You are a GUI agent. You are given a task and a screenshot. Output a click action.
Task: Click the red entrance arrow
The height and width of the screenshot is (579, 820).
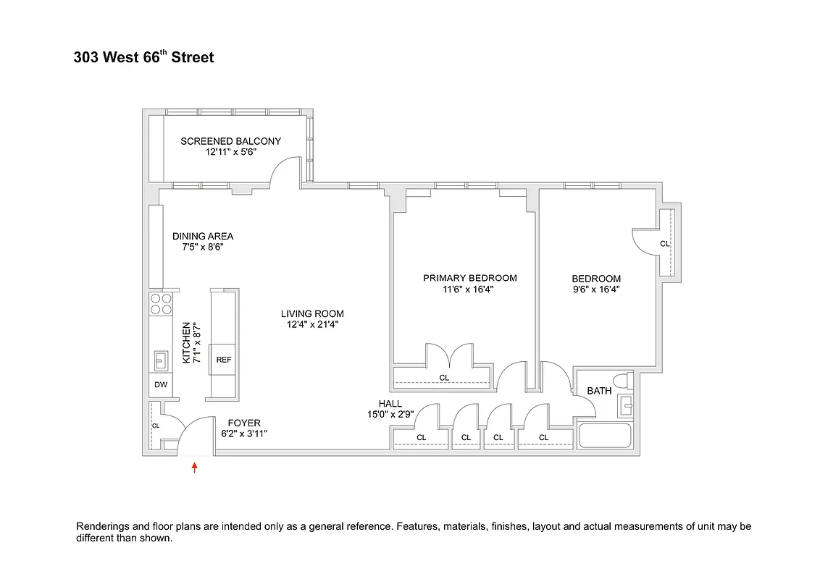pos(194,468)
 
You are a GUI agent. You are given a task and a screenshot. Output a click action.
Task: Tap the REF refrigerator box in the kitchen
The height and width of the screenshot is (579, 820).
pos(223,359)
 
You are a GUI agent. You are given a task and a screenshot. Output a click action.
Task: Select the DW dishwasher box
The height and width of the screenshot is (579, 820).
pos(161,384)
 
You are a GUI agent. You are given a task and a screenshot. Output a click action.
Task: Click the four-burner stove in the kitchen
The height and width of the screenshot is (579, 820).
pos(161,303)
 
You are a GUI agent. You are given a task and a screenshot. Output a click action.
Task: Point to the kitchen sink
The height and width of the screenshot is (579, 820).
pos(161,359)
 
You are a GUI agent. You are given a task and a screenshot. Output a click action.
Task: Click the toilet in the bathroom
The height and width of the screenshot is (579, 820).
pos(622,381)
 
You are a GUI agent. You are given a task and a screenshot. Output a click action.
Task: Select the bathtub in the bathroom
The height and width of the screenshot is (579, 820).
pos(606,436)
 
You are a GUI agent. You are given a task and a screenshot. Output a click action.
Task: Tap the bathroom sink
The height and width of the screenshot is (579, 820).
pos(626,406)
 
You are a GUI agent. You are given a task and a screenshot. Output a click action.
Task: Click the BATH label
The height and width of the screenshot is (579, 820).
pos(599,391)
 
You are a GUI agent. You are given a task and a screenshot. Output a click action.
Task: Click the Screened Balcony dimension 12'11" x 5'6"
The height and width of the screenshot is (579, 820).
pos(230,152)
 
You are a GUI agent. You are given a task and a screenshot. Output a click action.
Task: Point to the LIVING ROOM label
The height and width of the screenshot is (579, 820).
pos(312,313)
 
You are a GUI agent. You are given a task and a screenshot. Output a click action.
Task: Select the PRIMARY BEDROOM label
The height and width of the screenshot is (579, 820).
pos(469,278)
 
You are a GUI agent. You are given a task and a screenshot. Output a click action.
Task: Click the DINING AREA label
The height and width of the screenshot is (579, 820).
pos(203,236)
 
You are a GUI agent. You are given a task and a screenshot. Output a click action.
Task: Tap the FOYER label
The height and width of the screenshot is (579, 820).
pos(244,423)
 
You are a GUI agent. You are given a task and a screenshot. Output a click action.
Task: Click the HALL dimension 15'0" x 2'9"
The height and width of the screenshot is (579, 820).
pos(390,415)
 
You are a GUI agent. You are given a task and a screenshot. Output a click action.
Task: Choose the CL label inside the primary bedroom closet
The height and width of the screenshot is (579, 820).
pos(444,377)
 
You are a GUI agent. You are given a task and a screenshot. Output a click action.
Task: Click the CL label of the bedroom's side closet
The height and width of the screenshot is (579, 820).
pos(664,244)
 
